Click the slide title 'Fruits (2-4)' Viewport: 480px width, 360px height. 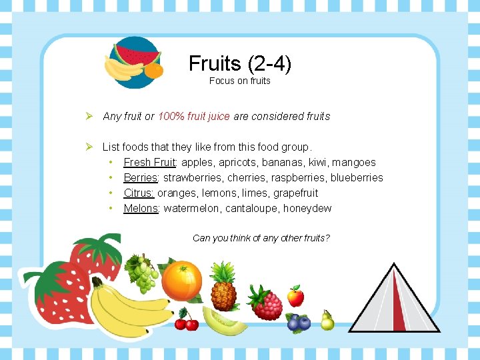click(x=240, y=63)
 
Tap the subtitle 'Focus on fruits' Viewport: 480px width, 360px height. click(x=240, y=81)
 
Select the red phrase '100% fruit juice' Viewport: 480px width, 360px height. click(x=194, y=116)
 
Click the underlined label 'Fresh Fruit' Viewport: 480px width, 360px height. click(x=149, y=162)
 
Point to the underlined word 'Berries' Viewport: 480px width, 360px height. click(x=140, y=177)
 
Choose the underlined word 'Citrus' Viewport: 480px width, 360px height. click(x=139, y=193)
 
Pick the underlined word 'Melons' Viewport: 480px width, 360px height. click(x=141, y=208)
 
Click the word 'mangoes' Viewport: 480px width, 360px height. click(x=354, y=162)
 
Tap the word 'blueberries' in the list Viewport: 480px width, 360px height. click(x=357, y=177)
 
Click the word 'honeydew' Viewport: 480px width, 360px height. click(x=307, y=208)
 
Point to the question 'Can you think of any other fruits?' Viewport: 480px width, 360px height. click(x=261, y=238)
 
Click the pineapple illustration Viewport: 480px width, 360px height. click(x=223, y=286)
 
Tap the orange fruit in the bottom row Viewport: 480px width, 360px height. click(x=181, y=281)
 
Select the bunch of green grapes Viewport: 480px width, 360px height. click(x=142, y=273)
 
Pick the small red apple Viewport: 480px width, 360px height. click(x=295, y=295)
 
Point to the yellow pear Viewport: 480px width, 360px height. click(x=327, y=321)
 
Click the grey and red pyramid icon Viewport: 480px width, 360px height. click(x=395, y=300)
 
